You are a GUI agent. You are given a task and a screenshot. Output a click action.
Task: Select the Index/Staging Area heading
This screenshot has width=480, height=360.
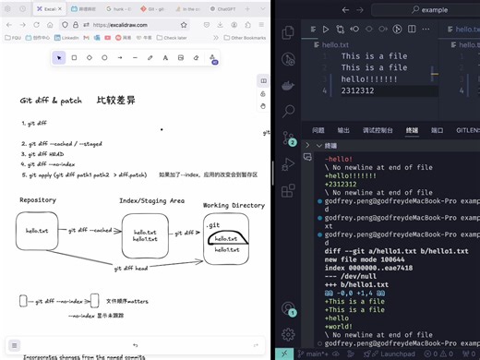coord(152,200)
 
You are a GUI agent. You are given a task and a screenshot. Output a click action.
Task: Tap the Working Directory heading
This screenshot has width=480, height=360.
coord(234,205)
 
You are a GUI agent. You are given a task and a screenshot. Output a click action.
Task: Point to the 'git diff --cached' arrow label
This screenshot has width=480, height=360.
coord(91,230)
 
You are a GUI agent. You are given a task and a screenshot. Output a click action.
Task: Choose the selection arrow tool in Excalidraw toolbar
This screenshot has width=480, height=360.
coord(59,57)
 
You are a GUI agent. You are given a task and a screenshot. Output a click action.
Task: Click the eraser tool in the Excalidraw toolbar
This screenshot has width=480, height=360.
coord(196,57)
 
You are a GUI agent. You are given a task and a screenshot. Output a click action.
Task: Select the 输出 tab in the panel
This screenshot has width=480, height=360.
coord(343,131)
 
